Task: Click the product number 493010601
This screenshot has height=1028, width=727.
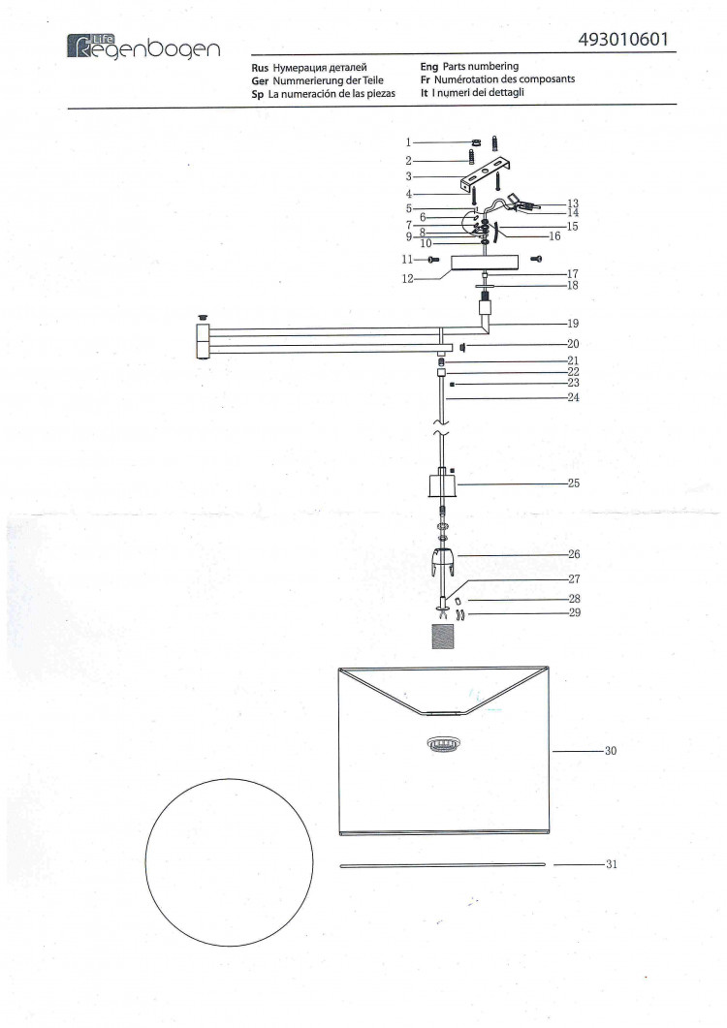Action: coord(623,40)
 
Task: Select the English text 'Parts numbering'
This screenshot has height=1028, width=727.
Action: coord(480,66)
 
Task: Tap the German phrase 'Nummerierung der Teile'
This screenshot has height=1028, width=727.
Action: coord(328,80)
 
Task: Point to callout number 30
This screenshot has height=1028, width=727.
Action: coord(611,751)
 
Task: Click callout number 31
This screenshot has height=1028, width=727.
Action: coord(612,864)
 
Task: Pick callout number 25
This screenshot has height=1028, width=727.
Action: coord(574,483)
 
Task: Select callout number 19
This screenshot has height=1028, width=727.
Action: coord(573,324)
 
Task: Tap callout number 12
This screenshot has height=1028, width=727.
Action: coord(407,279)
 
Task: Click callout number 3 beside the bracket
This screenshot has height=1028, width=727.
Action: coord(408,176)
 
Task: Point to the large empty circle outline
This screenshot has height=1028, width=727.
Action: coord(230,862)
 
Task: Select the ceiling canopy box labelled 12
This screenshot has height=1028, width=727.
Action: coord(485,263)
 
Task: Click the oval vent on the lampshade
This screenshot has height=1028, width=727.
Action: coord(444,743)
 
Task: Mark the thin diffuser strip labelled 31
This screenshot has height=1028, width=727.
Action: coord(442,865)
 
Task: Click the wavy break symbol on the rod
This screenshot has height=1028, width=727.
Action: coord(441,433)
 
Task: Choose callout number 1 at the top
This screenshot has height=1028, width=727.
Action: coord(408,142)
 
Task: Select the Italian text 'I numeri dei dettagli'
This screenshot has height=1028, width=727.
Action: coord(478,92)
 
